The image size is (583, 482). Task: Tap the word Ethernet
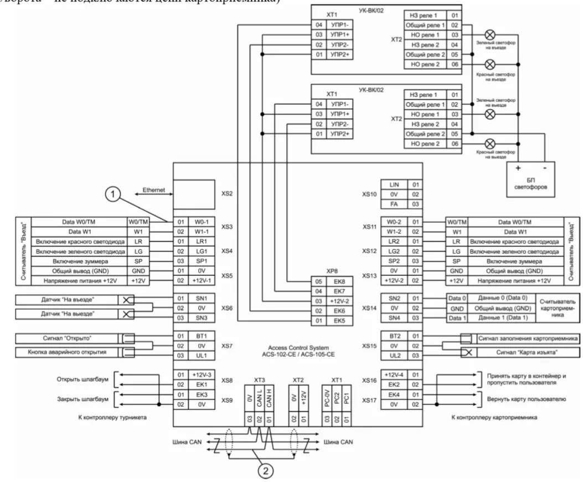[x=154, y=189]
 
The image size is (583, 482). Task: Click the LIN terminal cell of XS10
[x=393, y=183]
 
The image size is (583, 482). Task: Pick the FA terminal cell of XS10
[x=393, y=204]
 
